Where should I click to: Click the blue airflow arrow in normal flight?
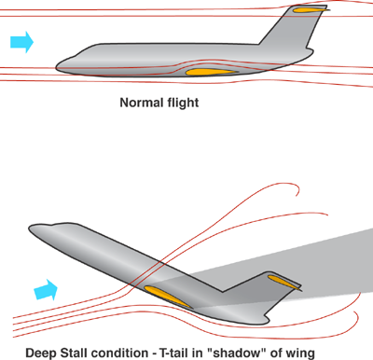point(21,41)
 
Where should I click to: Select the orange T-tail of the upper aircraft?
point(307,11)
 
